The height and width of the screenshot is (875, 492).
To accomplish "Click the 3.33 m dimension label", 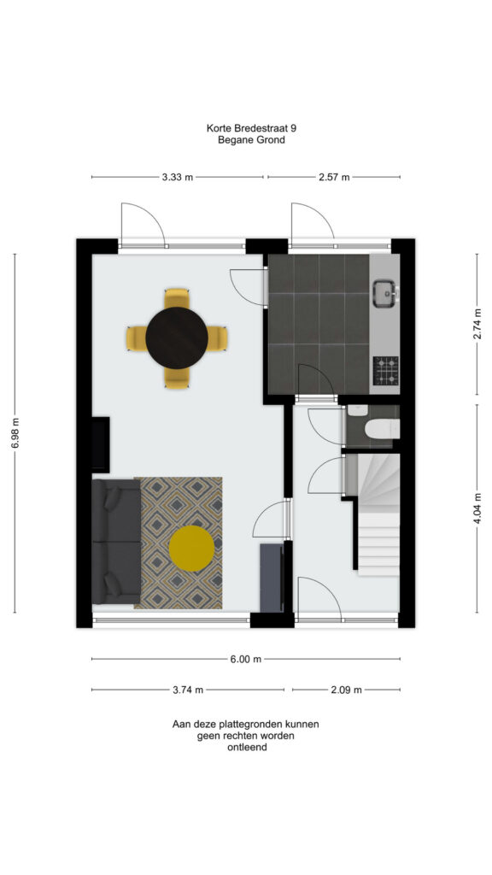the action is pyautogui.click(x=178, y=178).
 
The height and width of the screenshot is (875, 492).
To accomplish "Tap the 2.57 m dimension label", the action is pyautogui.click(x=334, y=178).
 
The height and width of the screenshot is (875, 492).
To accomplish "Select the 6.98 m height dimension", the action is pyautogui.click(x=15, y=432).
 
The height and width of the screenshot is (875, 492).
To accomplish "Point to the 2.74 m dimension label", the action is pyautogui.click(x=477, y=324).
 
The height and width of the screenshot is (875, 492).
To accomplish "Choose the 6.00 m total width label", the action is pyautogui.click(x=246, y=659).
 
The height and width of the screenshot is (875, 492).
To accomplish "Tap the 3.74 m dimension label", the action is pyautogui.click(x=188, y=690).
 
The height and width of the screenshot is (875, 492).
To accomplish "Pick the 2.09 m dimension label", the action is pyautogui.click(x=346, y=690).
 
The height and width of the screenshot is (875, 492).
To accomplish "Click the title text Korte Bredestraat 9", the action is pyautogui.click(x=252, y=128).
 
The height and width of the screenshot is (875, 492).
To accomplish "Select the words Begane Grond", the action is pyautogui.click(x=252, y=140).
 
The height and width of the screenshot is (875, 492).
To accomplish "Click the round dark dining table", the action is pyautogui.click(x=177, y=338).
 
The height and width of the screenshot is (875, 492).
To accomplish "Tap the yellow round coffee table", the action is pyautogui.click(x=191, y=549).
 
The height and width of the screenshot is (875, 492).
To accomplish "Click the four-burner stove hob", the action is pyautogui.click(x=386, y=371).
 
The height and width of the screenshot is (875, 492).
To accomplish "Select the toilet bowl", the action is pyautogui.click(x=382, y=429).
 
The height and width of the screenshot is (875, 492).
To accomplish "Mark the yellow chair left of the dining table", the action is pyautogui.click(x=136, y=338).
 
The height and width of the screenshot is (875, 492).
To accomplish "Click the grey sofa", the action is pyautogui.click(x=116, y=541).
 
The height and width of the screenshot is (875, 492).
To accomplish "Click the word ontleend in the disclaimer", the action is pyautogui.click(x=247, y=747).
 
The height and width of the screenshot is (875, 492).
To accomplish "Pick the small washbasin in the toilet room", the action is pyautogui.click(x=356, y=411).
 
